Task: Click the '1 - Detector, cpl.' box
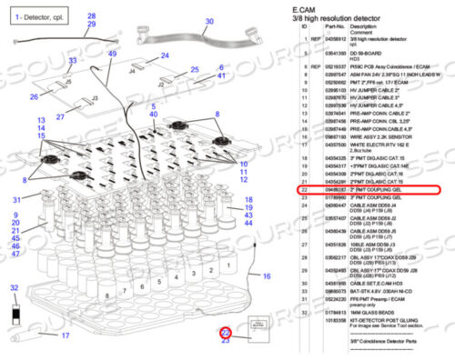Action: tap(36, 18)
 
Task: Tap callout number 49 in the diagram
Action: tap(112, 55)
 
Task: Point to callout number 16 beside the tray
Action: tap(267, 275)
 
